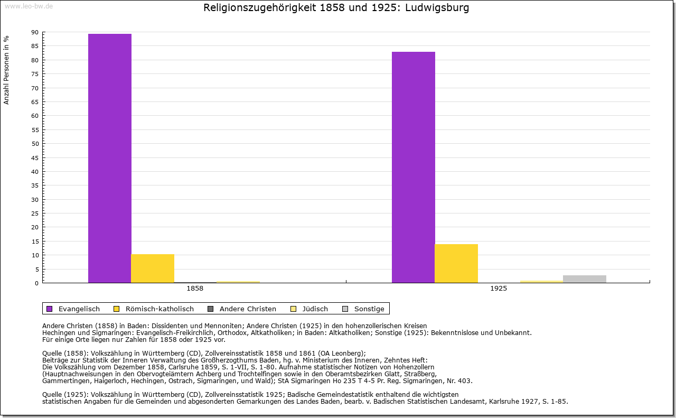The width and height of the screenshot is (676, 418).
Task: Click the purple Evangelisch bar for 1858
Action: (110, 158)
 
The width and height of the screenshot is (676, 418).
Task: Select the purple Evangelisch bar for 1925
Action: (414, 167)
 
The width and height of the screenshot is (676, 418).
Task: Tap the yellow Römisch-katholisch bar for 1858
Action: (153, 268)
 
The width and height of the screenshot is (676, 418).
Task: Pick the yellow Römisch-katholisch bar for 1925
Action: (456, 263)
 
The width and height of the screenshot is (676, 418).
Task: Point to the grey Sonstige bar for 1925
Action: (585, 279)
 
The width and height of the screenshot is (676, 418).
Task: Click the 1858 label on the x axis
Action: (195, 289)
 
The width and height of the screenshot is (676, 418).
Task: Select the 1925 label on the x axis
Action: (499, 289)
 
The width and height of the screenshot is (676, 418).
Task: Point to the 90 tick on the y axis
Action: (35, 32)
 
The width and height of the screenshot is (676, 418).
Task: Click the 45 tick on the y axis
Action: (35, 157)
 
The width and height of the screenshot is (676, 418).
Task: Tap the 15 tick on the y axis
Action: (35, 241)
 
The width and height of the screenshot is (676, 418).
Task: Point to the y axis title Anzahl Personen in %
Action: (6, 70)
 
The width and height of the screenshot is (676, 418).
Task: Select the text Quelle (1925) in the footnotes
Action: (65, 394)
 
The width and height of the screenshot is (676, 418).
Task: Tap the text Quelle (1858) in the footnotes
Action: (65, 354)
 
